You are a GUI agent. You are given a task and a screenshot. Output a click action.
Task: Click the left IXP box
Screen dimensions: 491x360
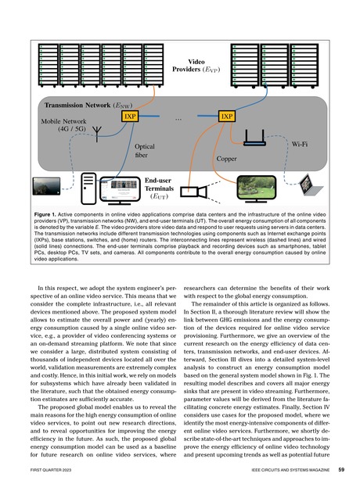(x=131, y=116)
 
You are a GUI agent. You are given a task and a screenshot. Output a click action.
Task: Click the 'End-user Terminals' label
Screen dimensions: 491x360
(x=166, y=188)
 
